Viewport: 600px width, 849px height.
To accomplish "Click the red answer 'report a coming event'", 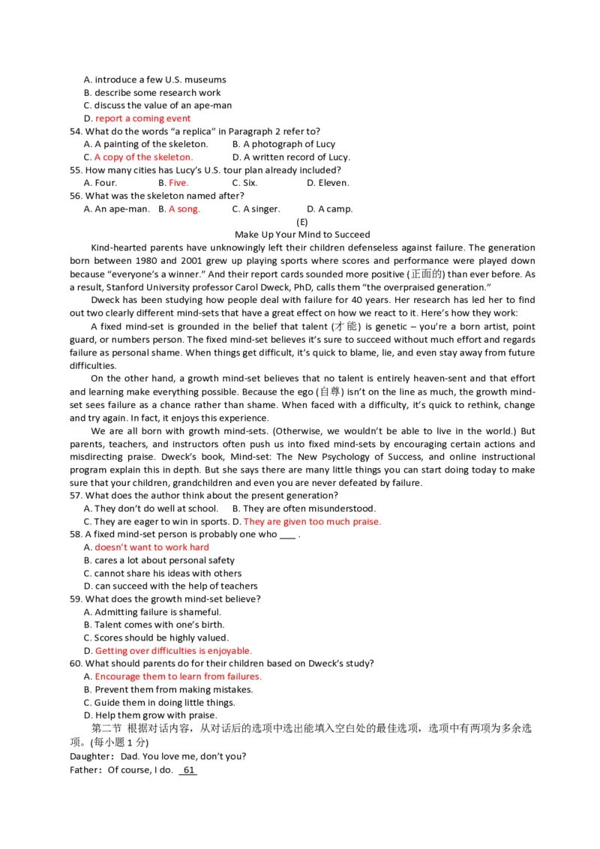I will [x=142, y=118].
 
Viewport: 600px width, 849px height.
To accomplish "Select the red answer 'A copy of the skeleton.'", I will [x=143, y=157].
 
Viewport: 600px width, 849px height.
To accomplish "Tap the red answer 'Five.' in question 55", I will [x=178, y=183].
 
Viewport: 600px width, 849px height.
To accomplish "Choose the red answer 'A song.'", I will [x=184, y=209].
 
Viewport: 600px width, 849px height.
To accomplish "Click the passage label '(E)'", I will [x=302, y=222].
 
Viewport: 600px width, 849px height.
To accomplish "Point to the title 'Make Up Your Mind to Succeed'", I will [x=302, y=235].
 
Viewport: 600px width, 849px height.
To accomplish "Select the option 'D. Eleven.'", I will [x=328, y=183].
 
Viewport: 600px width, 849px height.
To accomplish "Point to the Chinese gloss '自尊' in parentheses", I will [x=330, y=392].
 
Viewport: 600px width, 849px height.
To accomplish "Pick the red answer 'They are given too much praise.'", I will [x=312, y=522].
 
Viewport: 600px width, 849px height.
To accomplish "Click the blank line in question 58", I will [x=287, y=535].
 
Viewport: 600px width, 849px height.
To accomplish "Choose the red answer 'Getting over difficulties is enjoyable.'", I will [x=173, y=651].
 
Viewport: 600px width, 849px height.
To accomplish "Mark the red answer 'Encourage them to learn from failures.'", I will [x=178, y=676].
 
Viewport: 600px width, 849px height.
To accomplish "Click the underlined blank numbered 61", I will [x=188, y=770].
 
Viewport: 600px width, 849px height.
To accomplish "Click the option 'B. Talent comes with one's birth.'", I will [x=154, y=625].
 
